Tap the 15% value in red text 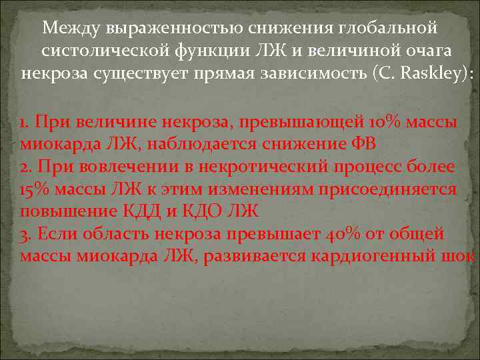pos(33,189)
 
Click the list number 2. pos(25,167)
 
